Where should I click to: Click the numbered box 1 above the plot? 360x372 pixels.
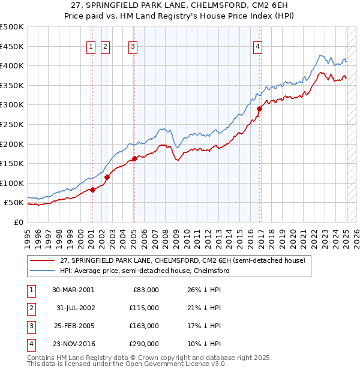point(91,47)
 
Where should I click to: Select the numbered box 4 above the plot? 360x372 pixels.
point(257,47)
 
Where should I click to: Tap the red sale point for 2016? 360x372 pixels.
point(260,109)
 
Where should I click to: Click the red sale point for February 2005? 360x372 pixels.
point(134,158)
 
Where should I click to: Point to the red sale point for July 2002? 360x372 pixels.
point(107,177)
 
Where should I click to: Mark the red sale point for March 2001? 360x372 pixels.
point(93,190)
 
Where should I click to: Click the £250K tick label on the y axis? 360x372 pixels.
point(12,124)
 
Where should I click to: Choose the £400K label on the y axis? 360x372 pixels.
point(12,65)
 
